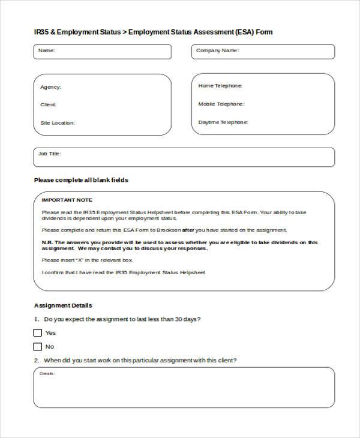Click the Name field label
pos(46,51)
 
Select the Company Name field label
pos(217,51)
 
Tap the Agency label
pos(50,88)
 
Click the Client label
pos(48,105)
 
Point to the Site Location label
pos(57,123)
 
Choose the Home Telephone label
pos(220,86)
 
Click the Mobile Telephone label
pos(221,104)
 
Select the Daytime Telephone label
pos(223,122)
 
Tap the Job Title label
pos(49,154)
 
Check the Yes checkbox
pos(38,333)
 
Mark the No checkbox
pos(38,347)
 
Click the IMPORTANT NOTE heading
pos(67,200)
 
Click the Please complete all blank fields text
pos(81,180)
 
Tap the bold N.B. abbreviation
pos(48,242)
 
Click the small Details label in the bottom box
pos(47,374)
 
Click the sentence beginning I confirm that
pos(123,272)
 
